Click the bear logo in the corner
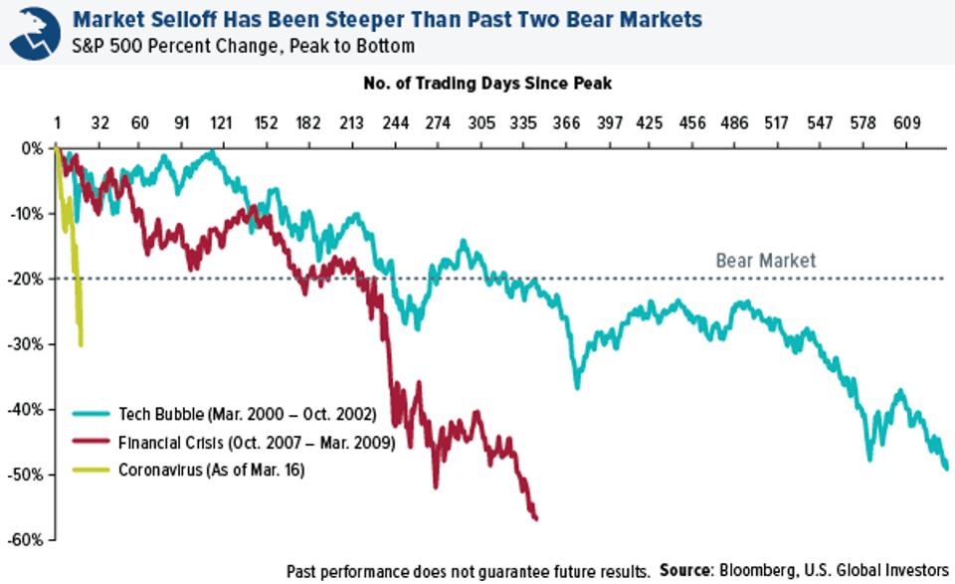[35, 33]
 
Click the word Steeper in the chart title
[364, 20]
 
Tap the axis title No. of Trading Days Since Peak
[487, 83]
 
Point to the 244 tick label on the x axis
[395, 123]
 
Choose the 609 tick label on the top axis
[906, 123]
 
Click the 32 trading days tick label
[99, 123]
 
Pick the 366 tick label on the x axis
[566, 123]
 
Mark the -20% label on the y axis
[25, 279]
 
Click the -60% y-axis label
[25, 539]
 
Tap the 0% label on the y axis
[32, 148]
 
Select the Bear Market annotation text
[765, 261]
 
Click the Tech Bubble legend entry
[224, 414]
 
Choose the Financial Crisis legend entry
[234, 442]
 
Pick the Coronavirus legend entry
[188, 471]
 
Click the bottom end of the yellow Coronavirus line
[81, 345]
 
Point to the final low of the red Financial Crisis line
[536, 519]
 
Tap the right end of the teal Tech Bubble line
[946, 468]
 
